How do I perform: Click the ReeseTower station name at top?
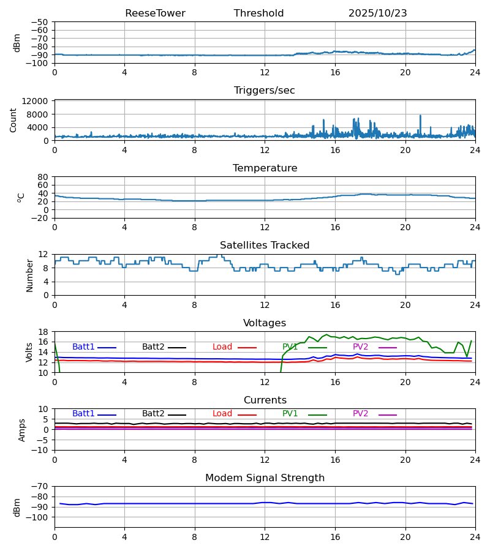[155, 13]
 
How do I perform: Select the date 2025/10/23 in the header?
[377, 13]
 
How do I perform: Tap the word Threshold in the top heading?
[258, 13]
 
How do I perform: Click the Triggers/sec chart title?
[265, 91]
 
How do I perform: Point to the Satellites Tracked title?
[265, 246]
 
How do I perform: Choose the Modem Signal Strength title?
[265, 478]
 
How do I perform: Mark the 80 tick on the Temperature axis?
[43, 177]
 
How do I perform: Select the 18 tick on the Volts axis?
[43, 332]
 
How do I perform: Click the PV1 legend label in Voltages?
[290, 347]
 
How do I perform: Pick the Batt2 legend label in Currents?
[153, 414]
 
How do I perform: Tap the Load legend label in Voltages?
[222, 347]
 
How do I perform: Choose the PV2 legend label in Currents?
[361, 414]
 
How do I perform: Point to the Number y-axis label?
[30, 275]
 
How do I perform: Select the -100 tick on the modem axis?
[38, 517]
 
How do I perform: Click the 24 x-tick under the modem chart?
[475, 536]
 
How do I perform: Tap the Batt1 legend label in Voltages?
[83, 347]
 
